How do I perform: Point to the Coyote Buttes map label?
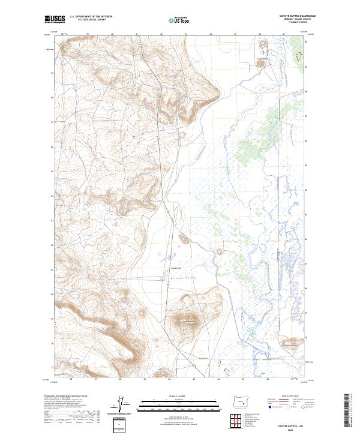[x=261, y=59]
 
